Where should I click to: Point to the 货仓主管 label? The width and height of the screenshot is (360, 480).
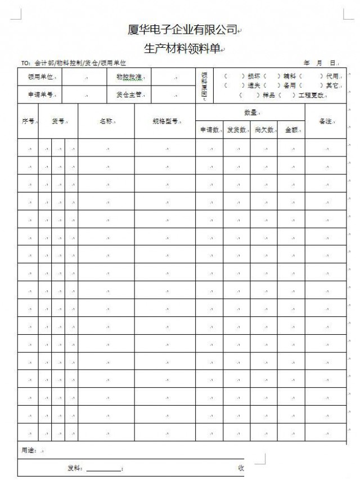point(129,95)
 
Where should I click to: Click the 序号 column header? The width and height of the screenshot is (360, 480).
point(28,121)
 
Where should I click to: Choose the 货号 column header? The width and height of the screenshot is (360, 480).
point(58,121)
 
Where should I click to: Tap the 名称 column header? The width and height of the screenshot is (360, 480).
point(106,121)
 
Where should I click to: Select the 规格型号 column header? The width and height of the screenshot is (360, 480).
point(165,121)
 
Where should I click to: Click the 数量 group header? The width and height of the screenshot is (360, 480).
point(250,113)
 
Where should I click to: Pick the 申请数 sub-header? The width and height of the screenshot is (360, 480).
point(209,130)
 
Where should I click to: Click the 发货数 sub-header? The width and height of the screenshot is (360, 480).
point(236,130)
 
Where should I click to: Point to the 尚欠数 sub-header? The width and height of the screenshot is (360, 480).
point(264,130)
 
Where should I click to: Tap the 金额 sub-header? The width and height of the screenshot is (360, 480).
point(291,130)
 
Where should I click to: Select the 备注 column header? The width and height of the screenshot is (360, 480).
point(326,121)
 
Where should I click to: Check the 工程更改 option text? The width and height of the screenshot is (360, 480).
point(312,95)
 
